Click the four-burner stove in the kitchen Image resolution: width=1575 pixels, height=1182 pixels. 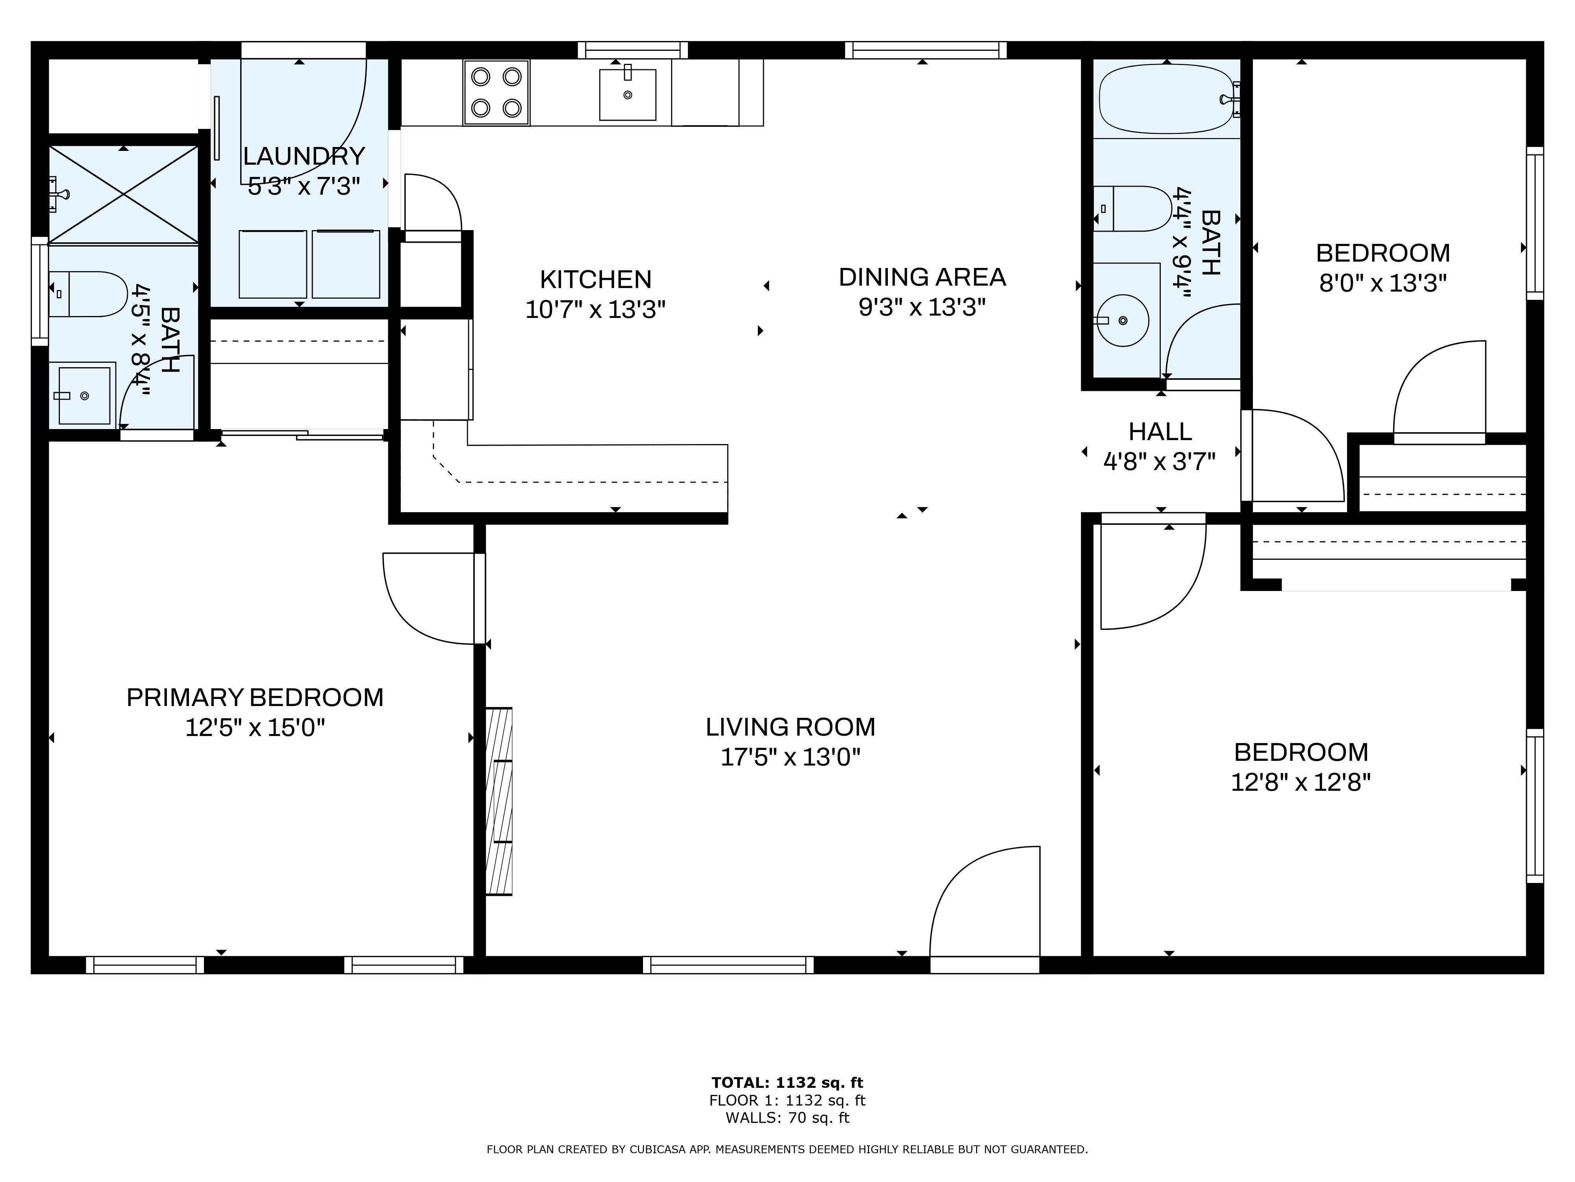tap(496, 93)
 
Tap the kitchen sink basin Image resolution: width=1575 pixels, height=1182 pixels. tap(627, 95)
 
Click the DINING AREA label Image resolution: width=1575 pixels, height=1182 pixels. tap(922, 277)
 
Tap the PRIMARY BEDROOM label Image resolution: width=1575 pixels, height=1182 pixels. tap(255, 697)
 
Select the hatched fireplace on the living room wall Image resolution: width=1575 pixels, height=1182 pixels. tap(498, 801)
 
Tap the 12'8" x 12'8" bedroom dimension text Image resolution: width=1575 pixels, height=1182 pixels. tap(1301, 783)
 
